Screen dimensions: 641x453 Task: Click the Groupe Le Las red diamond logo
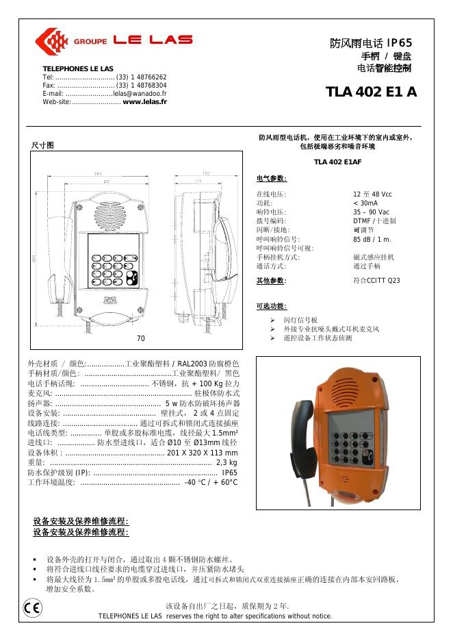[49, 40]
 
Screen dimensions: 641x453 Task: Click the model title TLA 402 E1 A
[371, 92]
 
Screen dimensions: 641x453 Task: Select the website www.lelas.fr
[144, 101]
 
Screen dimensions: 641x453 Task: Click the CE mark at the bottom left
[31, 607]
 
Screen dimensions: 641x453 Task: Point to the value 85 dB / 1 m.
[372, 239]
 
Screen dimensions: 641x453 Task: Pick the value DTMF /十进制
[374, 221]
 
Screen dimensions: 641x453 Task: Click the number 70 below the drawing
[140, 338]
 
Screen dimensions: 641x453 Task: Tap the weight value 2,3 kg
[226, 464]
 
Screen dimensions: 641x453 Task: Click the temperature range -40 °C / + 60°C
[211, 483]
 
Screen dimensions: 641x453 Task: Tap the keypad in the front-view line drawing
[113, 268]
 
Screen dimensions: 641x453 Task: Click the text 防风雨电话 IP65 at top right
[371, 43]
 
